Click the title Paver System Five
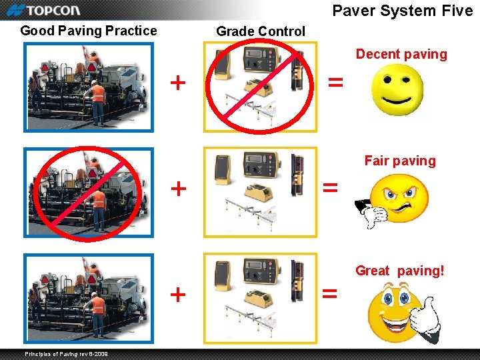(x=402, y=10)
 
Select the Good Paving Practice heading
(x=89, y=31)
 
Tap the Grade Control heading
(x=261, y=31)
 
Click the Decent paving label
(x=401, y=54)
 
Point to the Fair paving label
(x=400, y=161)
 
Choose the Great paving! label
(x=400, y=271)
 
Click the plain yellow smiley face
(x=398, y=93)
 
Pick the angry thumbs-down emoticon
(x=393, y=200)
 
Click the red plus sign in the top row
(x=177, y=83)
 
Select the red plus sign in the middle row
(x=178, y=188)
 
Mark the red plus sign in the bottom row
(x=178, y=294)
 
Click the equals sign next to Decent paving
(x=337, y=83)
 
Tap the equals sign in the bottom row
(x=330, y=293)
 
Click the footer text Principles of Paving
(x=67, y=353)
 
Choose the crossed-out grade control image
(x=260, y=87)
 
